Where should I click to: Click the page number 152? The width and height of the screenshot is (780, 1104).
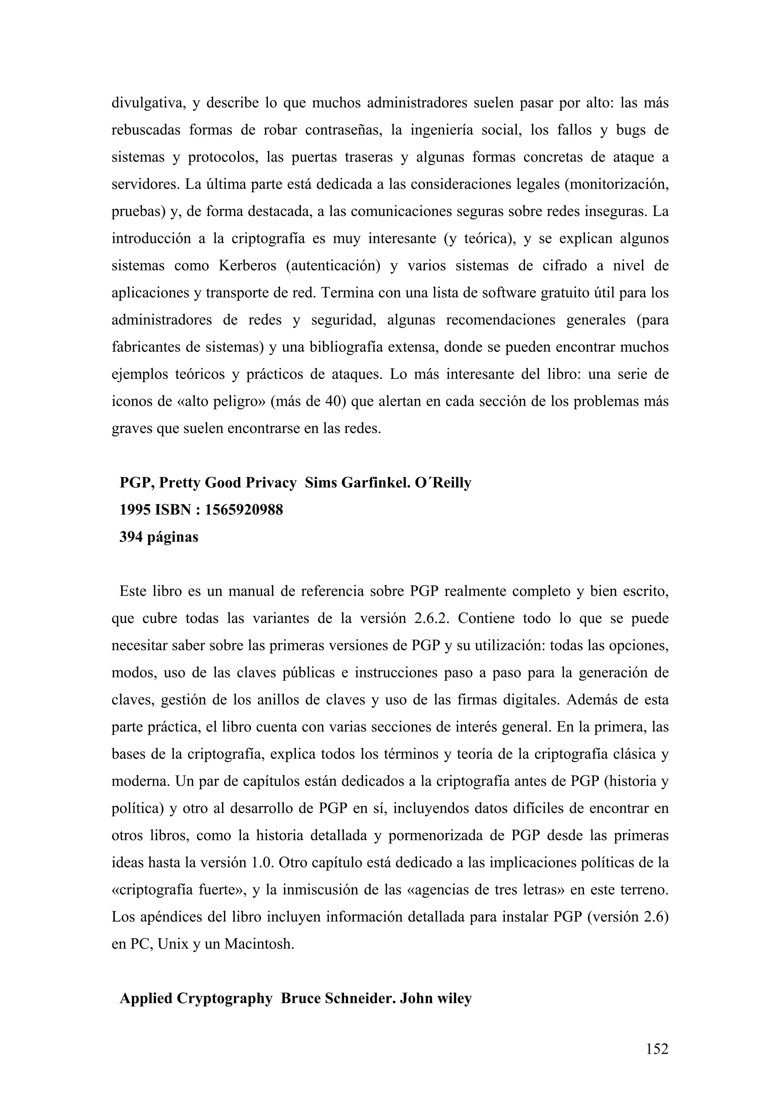[657, 1049]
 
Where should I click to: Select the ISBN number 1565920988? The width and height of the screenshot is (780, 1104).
[244, 510]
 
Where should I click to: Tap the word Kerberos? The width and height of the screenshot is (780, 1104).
[248, 266]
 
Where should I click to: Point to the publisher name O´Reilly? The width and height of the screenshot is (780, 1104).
[443, 483]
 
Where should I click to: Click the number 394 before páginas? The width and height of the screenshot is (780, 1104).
[131, 537]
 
